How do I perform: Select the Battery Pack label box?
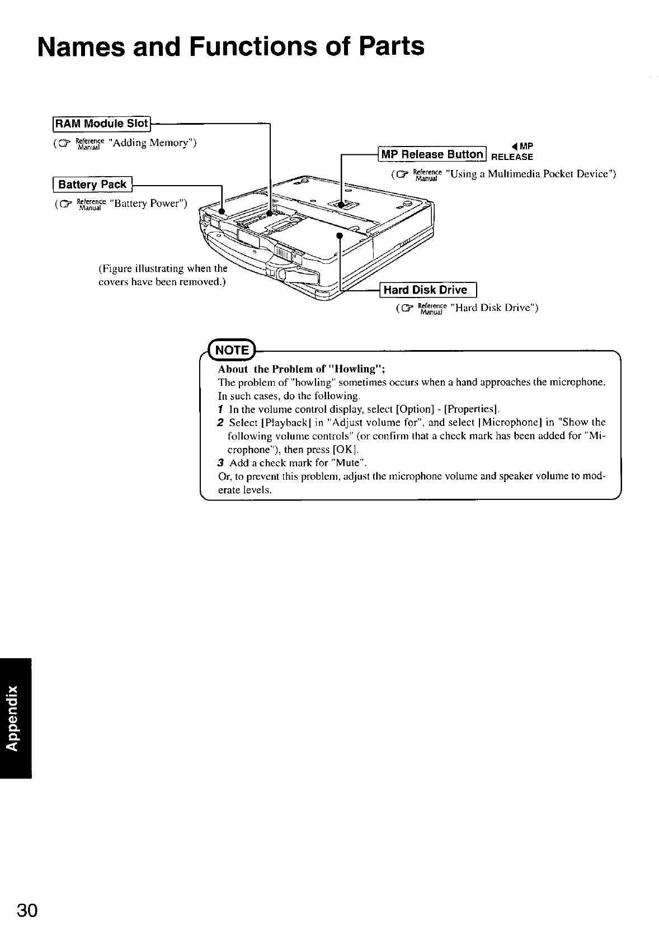tap(93, 184)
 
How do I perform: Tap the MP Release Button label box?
tap(432, 154)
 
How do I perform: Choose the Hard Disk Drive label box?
tap(428, 290)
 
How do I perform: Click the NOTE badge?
tap(232, 350)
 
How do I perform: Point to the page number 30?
tap(27, 910)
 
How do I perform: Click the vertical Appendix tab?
tap(16, 719)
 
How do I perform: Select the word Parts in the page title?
tap(391, 46)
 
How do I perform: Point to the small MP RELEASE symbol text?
tap(512, 153)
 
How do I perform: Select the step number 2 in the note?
tap(222, 422)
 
